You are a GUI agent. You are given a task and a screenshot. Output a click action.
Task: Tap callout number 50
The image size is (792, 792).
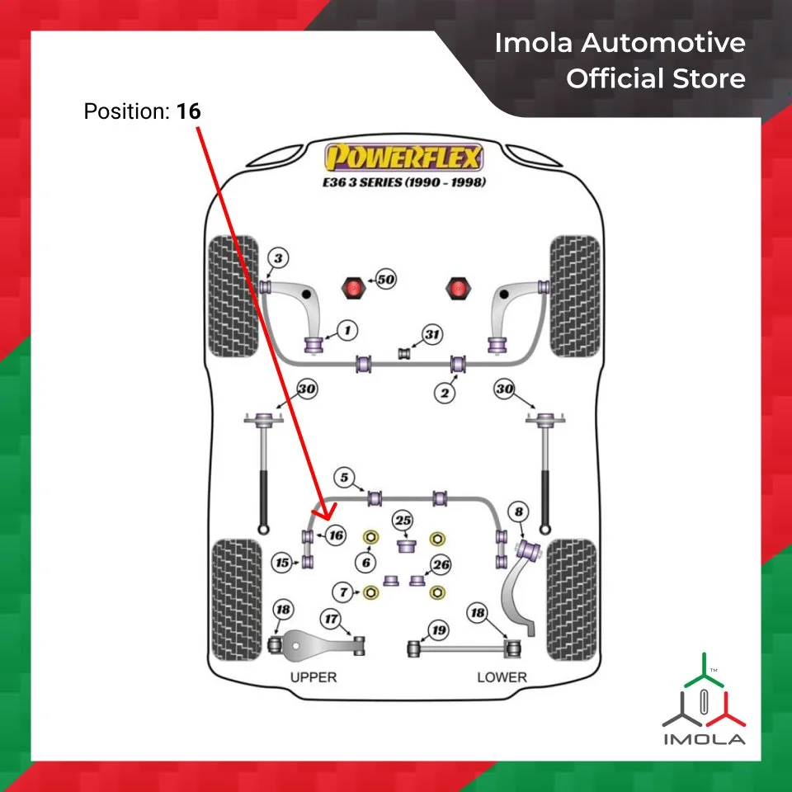click(x=385, y=280)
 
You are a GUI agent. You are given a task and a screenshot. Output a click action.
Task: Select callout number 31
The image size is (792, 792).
click(x=432, y=334)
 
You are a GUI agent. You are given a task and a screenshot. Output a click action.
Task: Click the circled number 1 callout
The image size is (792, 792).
click(x=347, y=331)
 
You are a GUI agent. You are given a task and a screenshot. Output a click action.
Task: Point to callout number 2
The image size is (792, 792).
click(x=445, y=393)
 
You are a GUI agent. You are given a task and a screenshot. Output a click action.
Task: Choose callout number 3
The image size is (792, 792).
click(x=279, y=259)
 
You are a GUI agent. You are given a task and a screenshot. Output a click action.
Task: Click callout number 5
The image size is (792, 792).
click(x=344, y=476)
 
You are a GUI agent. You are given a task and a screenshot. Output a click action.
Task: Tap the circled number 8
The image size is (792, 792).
click(x=518, y=513)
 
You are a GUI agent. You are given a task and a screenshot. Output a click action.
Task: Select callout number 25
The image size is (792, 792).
click(x=403, y=521)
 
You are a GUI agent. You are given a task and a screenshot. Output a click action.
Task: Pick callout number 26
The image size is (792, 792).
click(x=441, y=565)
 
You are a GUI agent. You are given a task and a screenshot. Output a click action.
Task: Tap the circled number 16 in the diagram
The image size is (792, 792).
click(x=334, y=535)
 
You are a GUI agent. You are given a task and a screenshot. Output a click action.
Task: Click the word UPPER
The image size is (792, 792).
click(x=313, y=677)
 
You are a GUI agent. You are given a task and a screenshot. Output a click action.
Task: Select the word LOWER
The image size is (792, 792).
click(x=501, y=677)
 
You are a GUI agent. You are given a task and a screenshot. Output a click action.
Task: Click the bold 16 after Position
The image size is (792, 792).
click(x=188, y=111)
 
